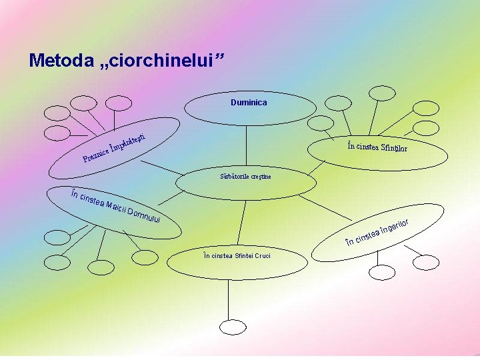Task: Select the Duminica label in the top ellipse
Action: (x=249, y=103)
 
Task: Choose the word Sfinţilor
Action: (x=394, y=148)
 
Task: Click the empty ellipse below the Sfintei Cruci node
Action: (x=233, y=327)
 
